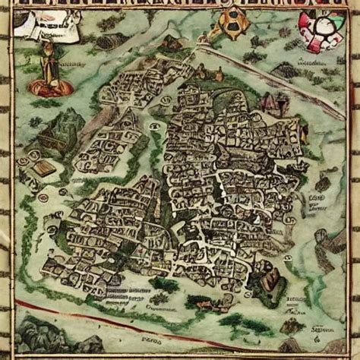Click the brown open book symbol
[45, 169]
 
